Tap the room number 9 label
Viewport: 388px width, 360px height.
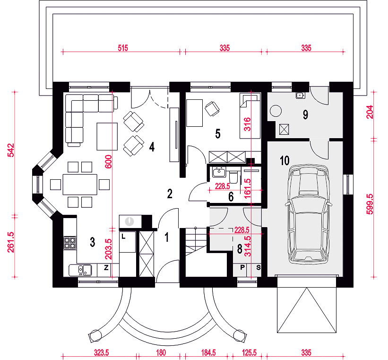tap(305, 114)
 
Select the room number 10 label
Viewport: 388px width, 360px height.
tap(285, 160)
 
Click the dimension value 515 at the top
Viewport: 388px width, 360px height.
tap(123, 48)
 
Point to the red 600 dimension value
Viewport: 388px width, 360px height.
tap(108, 161)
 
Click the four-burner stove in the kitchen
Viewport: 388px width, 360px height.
tap(70, 243)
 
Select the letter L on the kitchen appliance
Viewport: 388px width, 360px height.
tap(123, 237)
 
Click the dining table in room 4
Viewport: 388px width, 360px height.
tap(80, 184)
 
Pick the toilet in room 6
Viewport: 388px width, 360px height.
tap(233, 176)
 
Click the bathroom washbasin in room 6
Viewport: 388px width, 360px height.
tap(219, 172)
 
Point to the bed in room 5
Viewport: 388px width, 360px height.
tap(250, 116)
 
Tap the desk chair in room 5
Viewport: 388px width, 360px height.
tap(212, 109)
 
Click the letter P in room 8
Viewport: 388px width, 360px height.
tap(242, 267)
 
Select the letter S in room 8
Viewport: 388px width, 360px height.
tap(259, 267)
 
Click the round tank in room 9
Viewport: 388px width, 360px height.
tap(276, 111)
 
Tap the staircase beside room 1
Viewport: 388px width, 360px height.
tap(196, 242)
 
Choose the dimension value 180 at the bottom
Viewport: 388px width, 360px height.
tap(161, 352)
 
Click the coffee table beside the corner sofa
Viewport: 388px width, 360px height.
tap(107, 137)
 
